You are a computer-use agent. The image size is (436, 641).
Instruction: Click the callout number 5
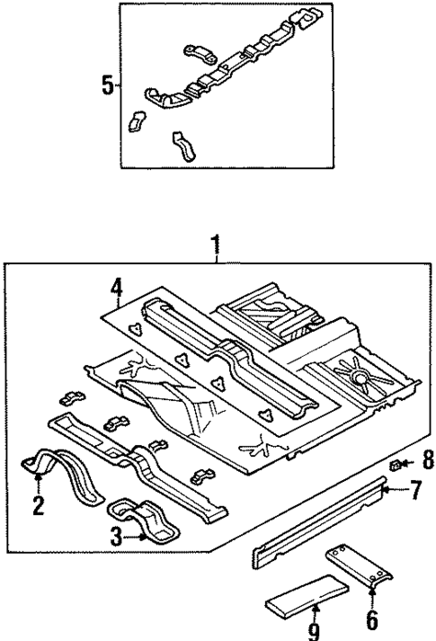coord(108,86)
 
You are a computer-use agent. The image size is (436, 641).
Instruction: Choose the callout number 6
coord(371,620)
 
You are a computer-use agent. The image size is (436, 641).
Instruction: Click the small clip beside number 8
coord(396,463)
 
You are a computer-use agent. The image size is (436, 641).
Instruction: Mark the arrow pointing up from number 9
coord(314,610)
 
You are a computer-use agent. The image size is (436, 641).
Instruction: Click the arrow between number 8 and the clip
coord(410,464)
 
